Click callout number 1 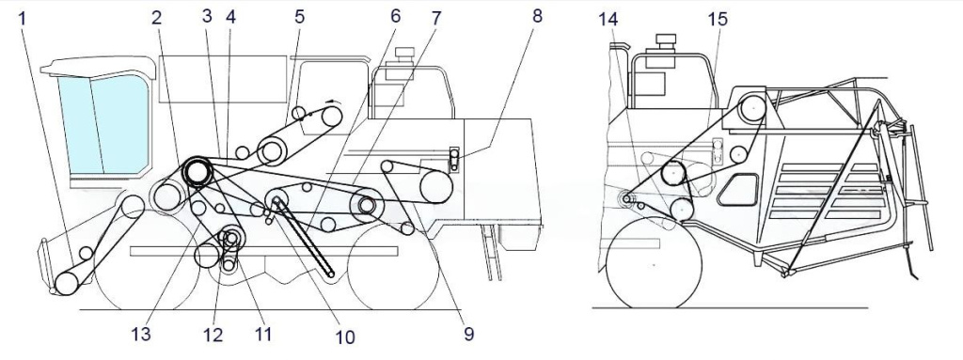point(23,19)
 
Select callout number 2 point(157,19)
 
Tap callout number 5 point(299,17)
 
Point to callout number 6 point(396,17)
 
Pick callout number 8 point(537,16)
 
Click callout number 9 point(468,335)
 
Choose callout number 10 point(344,337)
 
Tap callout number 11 point(263,335)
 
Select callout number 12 point(213,335)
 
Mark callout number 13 point(141,335)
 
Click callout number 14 point(608,20)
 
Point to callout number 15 point(717,20)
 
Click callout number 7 point(435,19)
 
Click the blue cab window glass point(103,124)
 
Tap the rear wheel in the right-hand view point(654,264)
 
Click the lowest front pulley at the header point(67,282)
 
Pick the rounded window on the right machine point(739,189)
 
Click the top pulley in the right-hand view point(751,109)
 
